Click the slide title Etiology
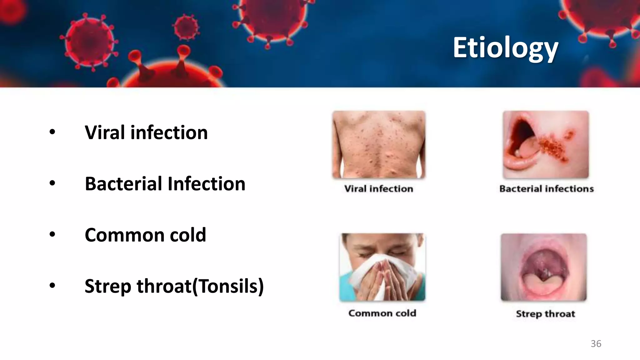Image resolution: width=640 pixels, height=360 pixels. pyautogui.click(x=505, y=48)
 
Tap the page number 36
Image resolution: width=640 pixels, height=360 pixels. pyautogui.click(x=596, y=343)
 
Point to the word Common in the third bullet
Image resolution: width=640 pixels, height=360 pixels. pyautogui.click(x=124, y=235)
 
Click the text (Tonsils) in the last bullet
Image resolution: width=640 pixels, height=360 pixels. pyautogui.click(x=228, y=286)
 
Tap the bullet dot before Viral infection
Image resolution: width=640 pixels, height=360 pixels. pyautogui.click(x=52, y=132)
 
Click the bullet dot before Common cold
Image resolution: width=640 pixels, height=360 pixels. pyautogui.click(x=52, y=234)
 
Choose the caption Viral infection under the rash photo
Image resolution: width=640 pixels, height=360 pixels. pyautogui.click(x=378, y=189)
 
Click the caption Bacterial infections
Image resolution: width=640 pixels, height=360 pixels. pyautogui.click(x=546, y=189)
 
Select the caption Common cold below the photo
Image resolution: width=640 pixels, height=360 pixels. pyautogui.click(x=382, y=313)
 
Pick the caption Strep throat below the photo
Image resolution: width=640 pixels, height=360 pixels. pyautogui.click(x=545, y=314)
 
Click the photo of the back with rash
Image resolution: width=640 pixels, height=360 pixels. pyautogui.click(x=379, y=144)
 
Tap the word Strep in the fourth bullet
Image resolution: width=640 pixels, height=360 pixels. pyautogui.click(x=108, y=286)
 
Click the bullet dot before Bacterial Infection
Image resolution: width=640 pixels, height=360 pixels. pyautogui.click(x=52, y=183)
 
